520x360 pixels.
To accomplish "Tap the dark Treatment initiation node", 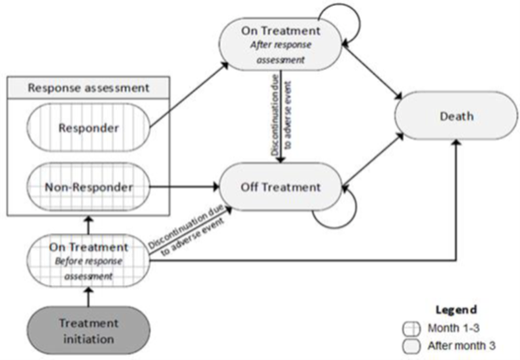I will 88,329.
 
